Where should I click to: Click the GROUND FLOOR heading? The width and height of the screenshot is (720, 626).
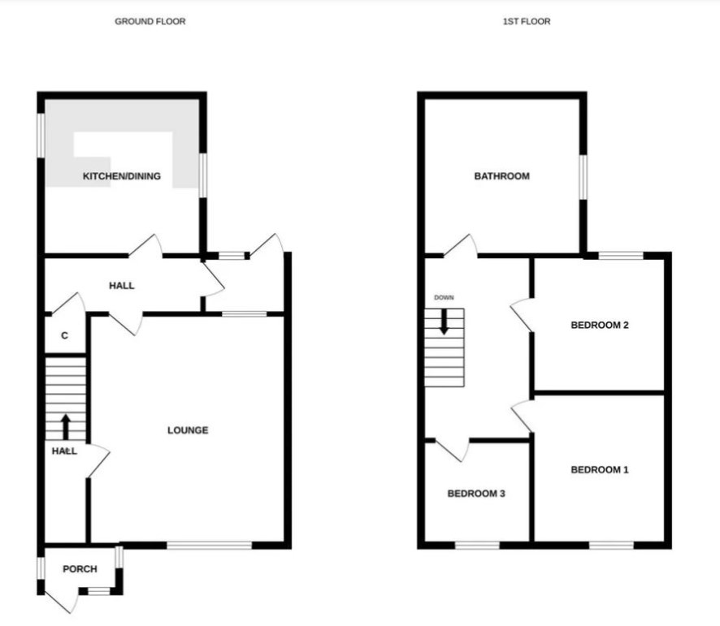click(x=150, y=22)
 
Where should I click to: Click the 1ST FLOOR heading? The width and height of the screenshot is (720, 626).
click(x=527, y=22)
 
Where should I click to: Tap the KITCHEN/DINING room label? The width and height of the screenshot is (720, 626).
click(x=122, y=176)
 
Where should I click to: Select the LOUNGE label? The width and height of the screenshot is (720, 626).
click(x=188, y=430)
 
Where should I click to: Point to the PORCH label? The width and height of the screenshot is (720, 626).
click(x=80, y=569)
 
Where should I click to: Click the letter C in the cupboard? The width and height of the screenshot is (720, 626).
click(x=65, y=335)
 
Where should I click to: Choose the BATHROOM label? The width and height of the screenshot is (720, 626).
click(x=502, y=176)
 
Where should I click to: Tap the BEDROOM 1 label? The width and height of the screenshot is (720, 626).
click(x=600, y=470)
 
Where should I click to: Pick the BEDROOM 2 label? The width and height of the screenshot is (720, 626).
click(x=600, y=326)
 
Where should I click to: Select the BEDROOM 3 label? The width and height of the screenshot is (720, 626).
click(x=476, y=494)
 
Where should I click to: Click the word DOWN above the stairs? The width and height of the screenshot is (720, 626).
click(x=444, y=298)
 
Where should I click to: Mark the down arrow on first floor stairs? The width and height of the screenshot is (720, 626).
click(x=444, y=322)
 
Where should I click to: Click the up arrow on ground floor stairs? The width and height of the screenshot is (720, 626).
click(x=66, y=427)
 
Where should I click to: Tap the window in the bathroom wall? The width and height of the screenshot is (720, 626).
click(x=583, y=177)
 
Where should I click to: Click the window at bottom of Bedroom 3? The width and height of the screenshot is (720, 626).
click(x=477, y=546)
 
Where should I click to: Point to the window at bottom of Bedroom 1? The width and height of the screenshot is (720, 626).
click(x=611, y=546)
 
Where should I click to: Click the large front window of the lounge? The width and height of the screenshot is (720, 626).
click(x=210, y=546)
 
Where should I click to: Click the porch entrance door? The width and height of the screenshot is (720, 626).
click(x=59, y=598)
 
